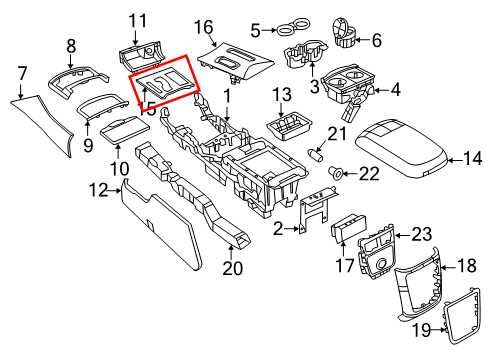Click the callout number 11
[x=137, y=19]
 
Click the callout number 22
[x=369, y=174]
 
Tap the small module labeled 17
[x=349, y=228]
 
